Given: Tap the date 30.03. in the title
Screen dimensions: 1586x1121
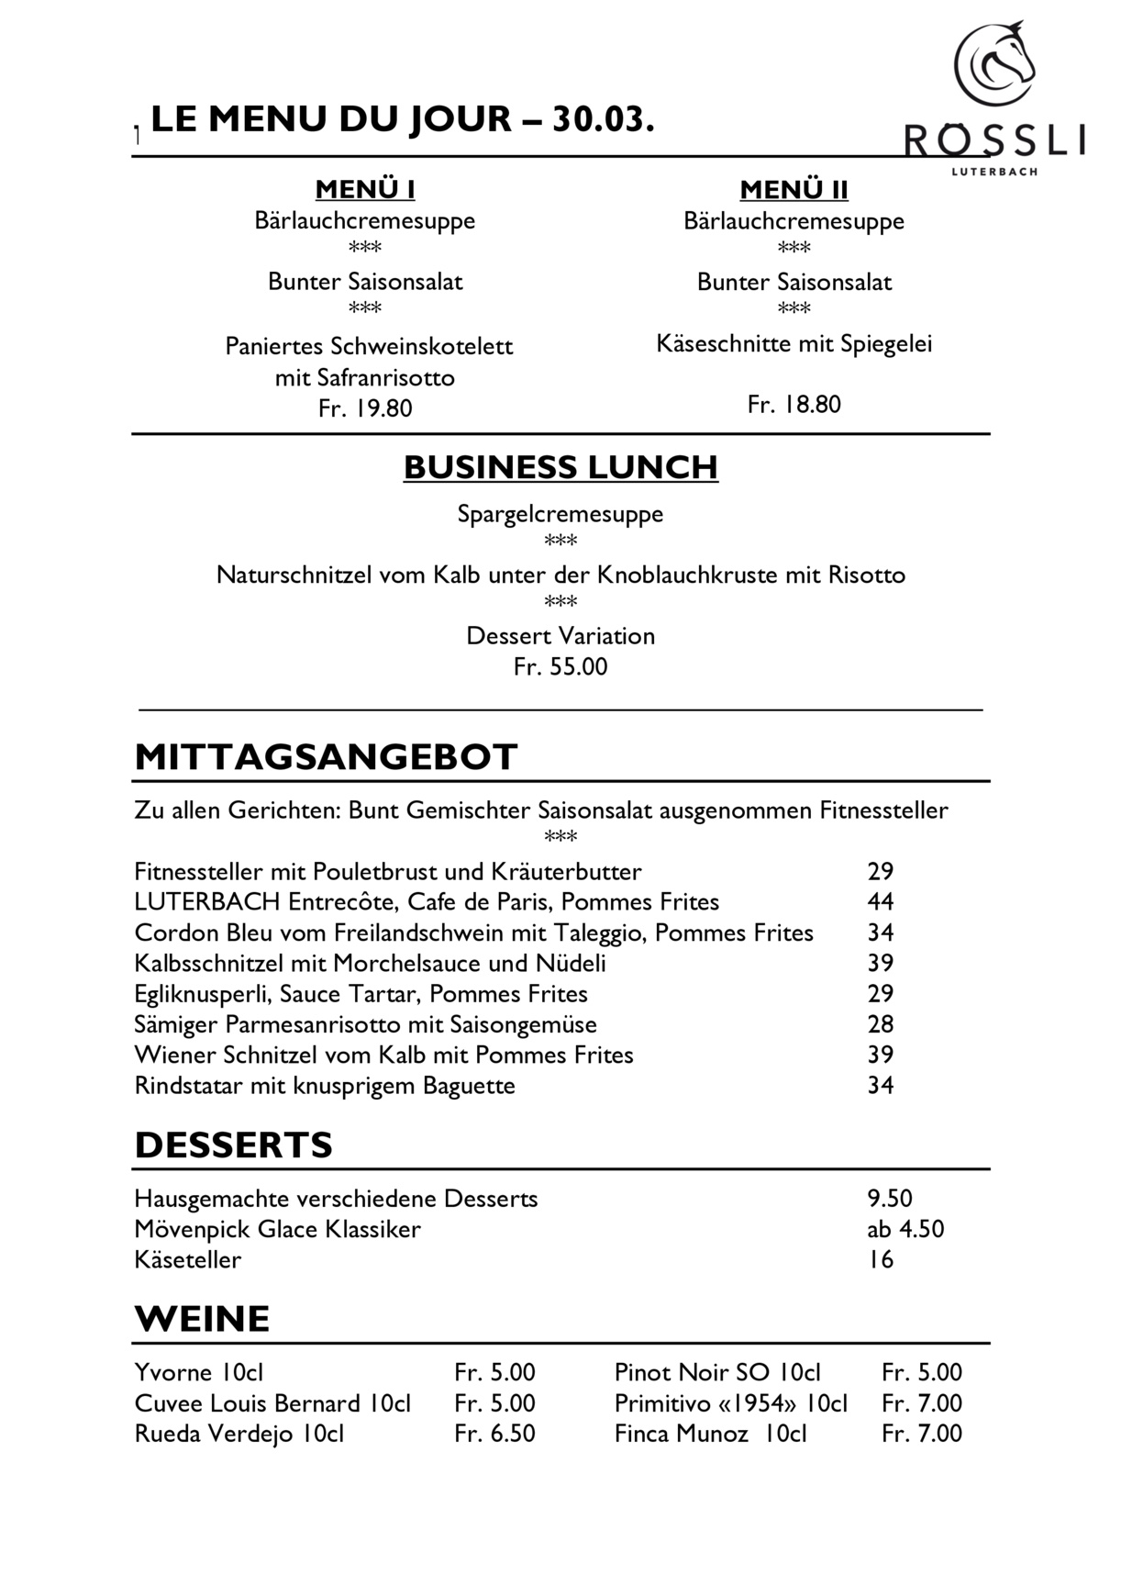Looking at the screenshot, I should point(603,119).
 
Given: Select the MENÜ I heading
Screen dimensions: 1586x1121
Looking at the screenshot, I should point(365,190).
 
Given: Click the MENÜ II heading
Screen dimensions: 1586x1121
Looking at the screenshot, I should point(794,190).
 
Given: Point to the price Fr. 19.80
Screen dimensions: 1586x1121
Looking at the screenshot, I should point(365,408).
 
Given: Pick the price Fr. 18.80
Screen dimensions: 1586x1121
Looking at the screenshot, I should point(794,405).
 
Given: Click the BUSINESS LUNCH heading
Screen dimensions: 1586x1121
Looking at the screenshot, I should point(560,467).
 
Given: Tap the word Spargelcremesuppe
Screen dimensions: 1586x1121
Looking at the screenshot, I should point(560,514).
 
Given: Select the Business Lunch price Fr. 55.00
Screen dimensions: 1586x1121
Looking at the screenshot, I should point(560,666).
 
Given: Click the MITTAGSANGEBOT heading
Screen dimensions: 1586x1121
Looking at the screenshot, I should point(326,757).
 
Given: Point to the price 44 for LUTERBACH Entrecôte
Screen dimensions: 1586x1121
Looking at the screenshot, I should point(881,902).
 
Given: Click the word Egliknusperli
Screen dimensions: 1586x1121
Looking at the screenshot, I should point(203,994).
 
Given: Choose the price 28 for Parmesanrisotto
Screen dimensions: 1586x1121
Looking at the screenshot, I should point(881,1024).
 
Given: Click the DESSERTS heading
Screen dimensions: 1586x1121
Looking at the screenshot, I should point(233,1145).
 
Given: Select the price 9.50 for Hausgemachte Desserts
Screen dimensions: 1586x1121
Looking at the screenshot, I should point(890,1199).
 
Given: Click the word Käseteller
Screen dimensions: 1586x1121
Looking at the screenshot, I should point(187,1259).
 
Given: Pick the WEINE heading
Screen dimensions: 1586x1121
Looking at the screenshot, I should point(202,1319).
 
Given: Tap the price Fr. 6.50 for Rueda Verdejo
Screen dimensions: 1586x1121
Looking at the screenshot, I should point(494,1434).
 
